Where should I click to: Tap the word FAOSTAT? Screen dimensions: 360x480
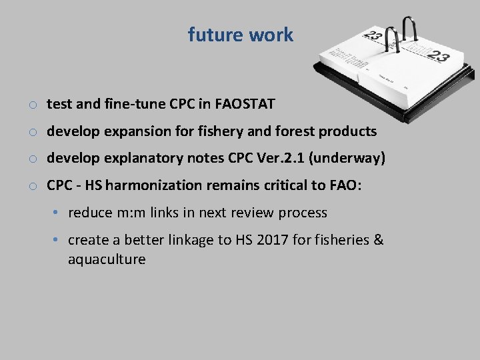tap(245, 104)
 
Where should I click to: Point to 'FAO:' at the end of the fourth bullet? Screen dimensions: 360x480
tap(345, 186)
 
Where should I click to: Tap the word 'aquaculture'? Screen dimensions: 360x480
tap(107, 259)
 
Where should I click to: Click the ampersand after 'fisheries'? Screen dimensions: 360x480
tap(378, 240)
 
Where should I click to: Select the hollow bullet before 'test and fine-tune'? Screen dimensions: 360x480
tap(32, 105)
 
